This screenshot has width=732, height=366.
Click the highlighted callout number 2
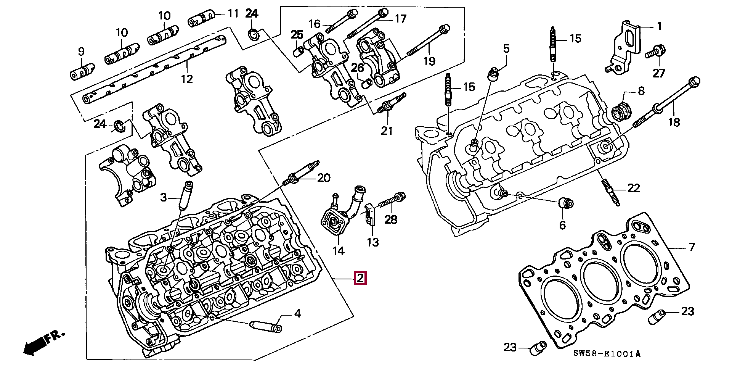360,278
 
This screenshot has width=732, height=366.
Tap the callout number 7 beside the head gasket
692,247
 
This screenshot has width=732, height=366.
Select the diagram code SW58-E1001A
607,354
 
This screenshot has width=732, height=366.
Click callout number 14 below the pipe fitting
338,251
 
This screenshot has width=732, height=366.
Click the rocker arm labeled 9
82,71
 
